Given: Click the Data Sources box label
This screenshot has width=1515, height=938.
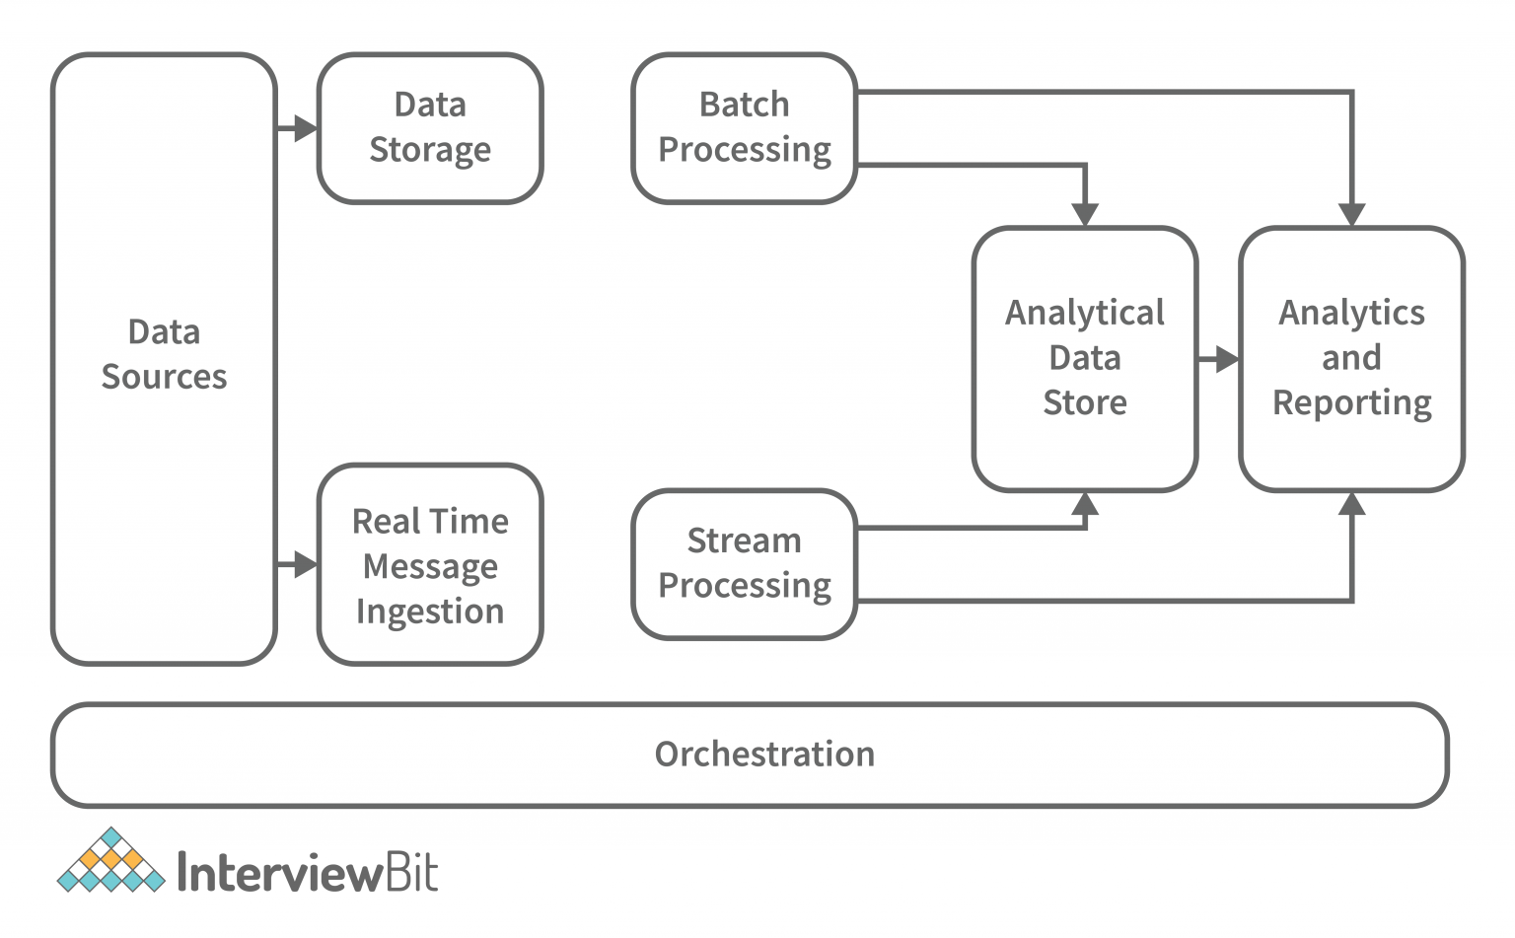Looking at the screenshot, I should click(x=164, y=354).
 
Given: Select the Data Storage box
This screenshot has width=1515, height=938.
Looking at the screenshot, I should click(x=430, y=128).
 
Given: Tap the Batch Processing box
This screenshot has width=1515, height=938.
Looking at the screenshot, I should click(x=744, y=128).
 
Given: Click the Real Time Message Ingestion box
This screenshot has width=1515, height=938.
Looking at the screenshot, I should click(x=430, y=565).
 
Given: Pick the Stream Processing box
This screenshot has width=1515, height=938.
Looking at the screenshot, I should click(x=744, y=563).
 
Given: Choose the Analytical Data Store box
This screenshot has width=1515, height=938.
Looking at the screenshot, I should click(x=1085, y=358).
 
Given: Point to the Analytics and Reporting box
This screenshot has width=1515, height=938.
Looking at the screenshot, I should click(x=1351, y=358).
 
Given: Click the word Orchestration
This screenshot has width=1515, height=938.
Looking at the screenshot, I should click(x=764, y=755).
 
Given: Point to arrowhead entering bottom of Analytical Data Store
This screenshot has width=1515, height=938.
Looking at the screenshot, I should click(x=1085, y=505).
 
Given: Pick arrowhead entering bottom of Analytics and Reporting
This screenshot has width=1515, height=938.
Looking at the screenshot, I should click(x=1351, y=505).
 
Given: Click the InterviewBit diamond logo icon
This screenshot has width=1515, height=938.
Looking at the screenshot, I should click(x=110, y=862).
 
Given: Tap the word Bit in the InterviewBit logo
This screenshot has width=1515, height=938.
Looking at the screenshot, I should click(x=410, y=872).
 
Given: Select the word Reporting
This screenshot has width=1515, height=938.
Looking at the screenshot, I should click(x=1351, y=403).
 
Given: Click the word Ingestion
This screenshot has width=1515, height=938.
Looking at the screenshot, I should click(x=430, y=612).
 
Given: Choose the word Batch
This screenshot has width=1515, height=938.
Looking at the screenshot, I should click(x=744, y=105).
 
